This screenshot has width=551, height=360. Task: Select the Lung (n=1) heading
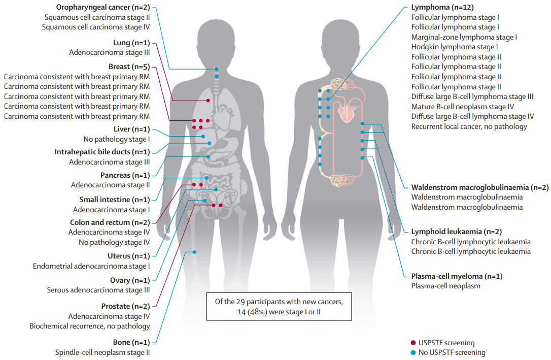click(x=129, y=43)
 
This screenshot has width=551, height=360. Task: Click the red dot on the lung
click(x=208, y=101)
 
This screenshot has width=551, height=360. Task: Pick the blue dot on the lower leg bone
click(x=194, y=252)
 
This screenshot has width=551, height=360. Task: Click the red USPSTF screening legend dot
click(x=413, y=343)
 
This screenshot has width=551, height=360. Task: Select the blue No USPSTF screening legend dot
click(x=413, y=352)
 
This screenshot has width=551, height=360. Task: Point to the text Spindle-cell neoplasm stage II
click(x=102, y=352)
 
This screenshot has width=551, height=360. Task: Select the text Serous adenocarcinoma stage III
click(x=98, y=290)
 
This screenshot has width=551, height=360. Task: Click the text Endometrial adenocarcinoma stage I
click(x=91, y=266)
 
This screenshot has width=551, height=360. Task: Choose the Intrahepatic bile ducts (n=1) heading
click(x=102, y=152)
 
